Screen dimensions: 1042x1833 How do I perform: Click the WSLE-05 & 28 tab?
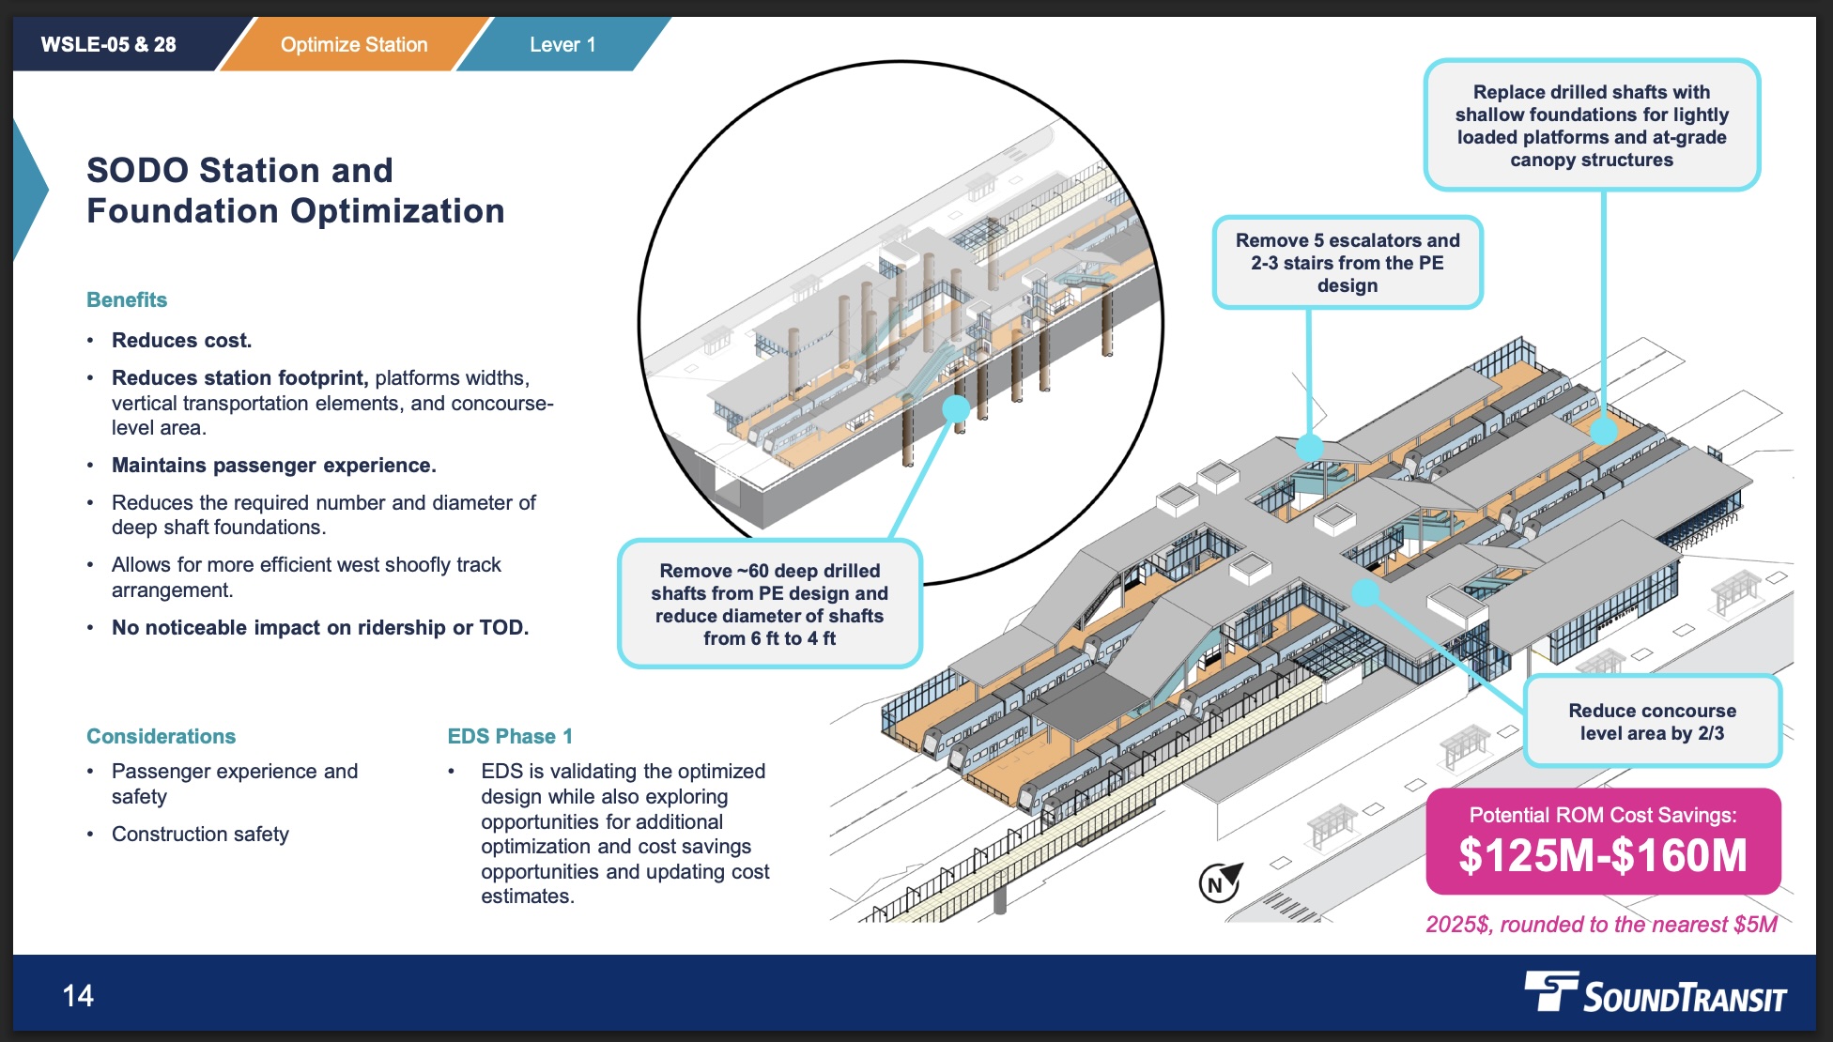point(109,44)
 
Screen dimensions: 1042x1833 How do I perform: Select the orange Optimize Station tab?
point(354,44)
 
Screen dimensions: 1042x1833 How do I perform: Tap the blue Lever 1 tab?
point(562,44)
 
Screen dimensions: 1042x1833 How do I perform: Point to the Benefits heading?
point(127,299)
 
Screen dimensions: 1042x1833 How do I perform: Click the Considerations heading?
point(161,736)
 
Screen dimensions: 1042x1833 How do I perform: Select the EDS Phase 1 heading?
point(510,736)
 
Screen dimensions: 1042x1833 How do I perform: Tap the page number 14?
point(78,995)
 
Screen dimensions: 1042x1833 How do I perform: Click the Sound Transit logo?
point(1655,993)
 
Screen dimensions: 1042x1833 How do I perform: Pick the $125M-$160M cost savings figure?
point(1603,855)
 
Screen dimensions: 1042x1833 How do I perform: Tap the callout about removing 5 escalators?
point(1348,263)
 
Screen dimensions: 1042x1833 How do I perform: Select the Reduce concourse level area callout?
point(1652,722)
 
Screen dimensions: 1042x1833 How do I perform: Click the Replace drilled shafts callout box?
point(1592,126)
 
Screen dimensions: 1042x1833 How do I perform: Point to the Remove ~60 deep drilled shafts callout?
point(769,604)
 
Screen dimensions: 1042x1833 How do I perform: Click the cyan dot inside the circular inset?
point(956,408)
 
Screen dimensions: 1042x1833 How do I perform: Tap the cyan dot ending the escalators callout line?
point(1309,448)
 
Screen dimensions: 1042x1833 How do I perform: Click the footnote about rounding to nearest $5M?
point(1601,925)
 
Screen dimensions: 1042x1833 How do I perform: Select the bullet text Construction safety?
point(200,834)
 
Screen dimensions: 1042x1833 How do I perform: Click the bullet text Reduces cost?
point(181,340)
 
